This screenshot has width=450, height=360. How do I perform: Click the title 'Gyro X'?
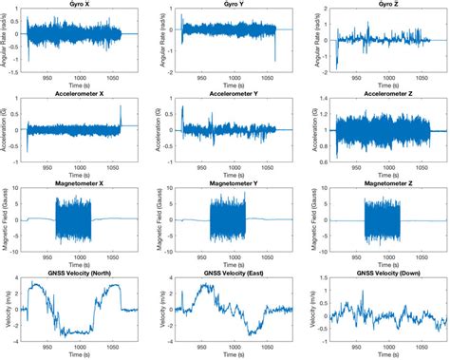coord(78,6)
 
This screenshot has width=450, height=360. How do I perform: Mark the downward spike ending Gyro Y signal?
coord(275,53)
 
